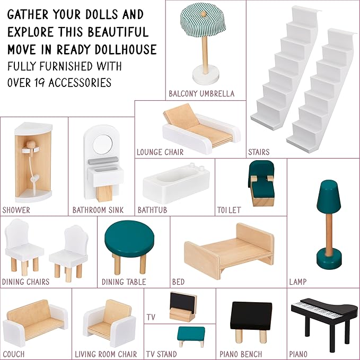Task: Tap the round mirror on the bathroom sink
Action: click(103, 144)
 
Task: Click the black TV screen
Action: click(183, 302)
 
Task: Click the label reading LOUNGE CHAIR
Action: click(160, 152)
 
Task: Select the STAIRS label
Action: click(259, 152)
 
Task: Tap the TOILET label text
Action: click(229, 210)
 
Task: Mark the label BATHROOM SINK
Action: click(98, 210)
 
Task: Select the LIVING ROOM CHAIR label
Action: click(106, 354)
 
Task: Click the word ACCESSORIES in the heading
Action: click(80, 83)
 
